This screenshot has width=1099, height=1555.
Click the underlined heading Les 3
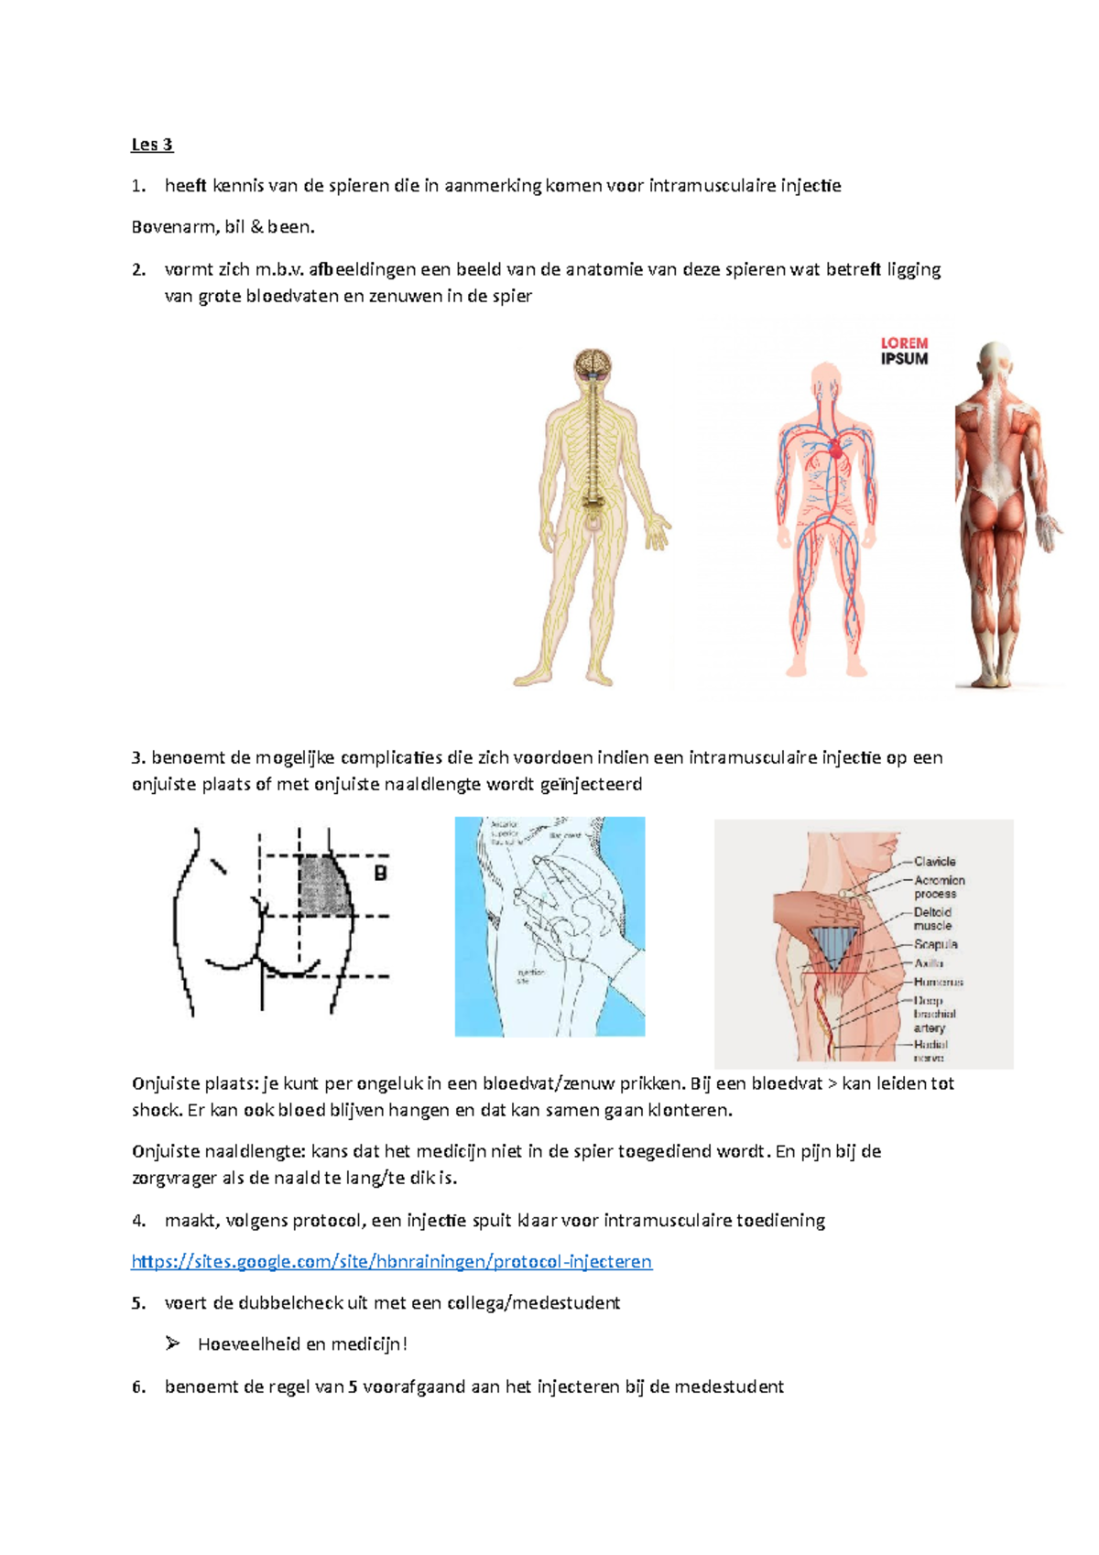click(x=152, y=145)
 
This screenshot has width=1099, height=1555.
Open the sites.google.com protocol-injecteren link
click(x=391, y=1261)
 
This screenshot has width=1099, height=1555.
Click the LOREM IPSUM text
click(x=904, y=351)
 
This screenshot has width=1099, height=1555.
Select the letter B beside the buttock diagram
click(x=380, y=874)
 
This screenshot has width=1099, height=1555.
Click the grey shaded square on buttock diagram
click(x=323, y=886)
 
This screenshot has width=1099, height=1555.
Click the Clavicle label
click(x=934, y=862)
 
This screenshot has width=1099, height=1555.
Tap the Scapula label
click(x=935, y=944)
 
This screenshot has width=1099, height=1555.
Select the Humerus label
click(x=938, y=982)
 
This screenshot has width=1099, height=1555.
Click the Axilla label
click(x=928, y=963)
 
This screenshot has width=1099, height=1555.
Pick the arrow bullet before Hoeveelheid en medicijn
click(x=172, y=1343)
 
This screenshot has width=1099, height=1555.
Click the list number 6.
click(x=137, y=1386)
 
